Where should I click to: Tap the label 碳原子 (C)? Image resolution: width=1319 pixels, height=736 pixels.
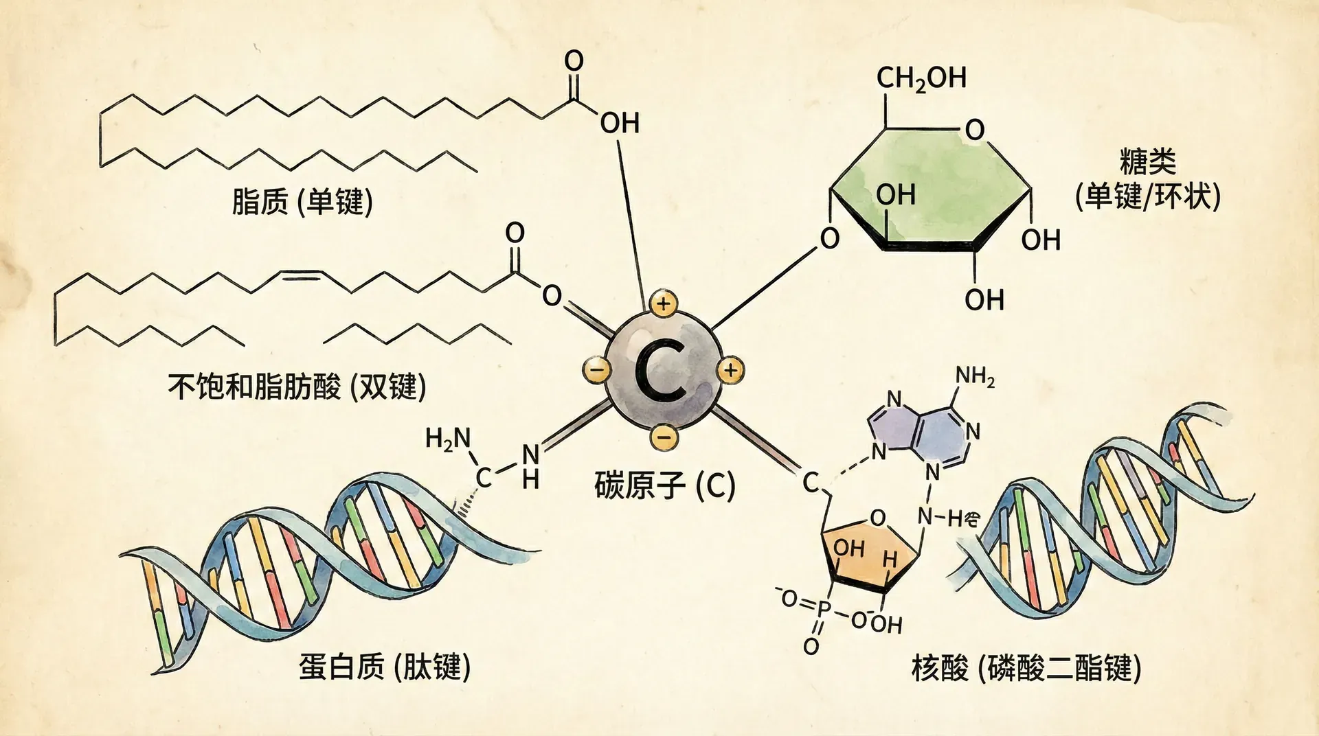664,486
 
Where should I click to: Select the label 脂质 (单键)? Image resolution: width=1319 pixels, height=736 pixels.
302,203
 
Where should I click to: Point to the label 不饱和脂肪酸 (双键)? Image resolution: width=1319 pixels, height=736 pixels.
297,387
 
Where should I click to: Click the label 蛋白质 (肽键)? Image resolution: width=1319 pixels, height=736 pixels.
385,666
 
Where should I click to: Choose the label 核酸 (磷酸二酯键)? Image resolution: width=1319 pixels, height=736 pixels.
1026,667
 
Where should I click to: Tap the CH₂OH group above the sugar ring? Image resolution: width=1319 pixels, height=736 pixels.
921,79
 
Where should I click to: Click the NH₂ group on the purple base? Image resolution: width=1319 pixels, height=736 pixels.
975,376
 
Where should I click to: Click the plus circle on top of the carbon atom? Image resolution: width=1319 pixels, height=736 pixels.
663,303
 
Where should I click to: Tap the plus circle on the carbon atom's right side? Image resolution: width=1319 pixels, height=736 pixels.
730,371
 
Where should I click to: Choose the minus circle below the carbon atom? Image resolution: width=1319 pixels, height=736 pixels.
664,436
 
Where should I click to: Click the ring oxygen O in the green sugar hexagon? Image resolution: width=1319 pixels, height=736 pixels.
974,130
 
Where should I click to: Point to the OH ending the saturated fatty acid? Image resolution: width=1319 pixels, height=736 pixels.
620,124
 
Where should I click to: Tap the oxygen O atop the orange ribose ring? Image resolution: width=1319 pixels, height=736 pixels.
877,518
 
